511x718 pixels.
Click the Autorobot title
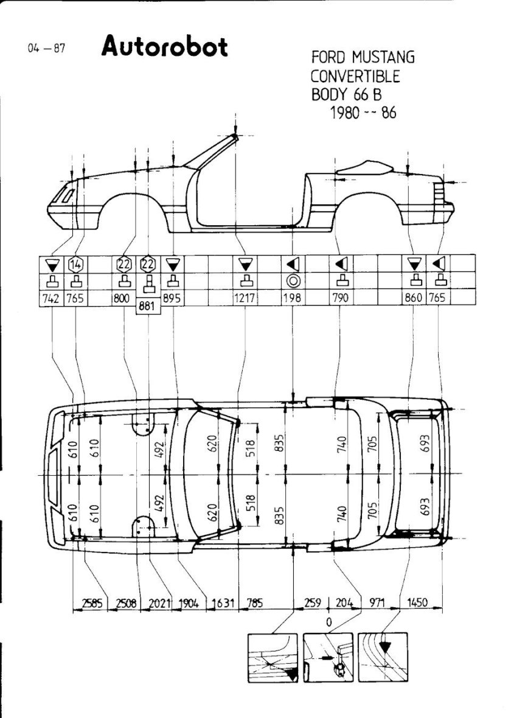click(x=164, y=46)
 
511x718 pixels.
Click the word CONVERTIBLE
click(x=355, y=77)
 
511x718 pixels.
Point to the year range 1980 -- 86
click(x=363, y=114)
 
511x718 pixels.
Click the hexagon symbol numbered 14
click(x=76, y=265)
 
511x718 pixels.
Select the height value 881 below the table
click(x=148, y=308)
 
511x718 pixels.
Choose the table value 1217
click(x=246, y=299)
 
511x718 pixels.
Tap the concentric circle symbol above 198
click(x=293, y=281)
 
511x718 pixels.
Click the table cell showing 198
click(x=293, y=299)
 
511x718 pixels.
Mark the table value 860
click(x=415, y=299)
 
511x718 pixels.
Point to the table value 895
click(x=173, y=299)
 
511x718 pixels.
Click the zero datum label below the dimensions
click(x=328, y=622)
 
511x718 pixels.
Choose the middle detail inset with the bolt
click(x=328, y=658)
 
